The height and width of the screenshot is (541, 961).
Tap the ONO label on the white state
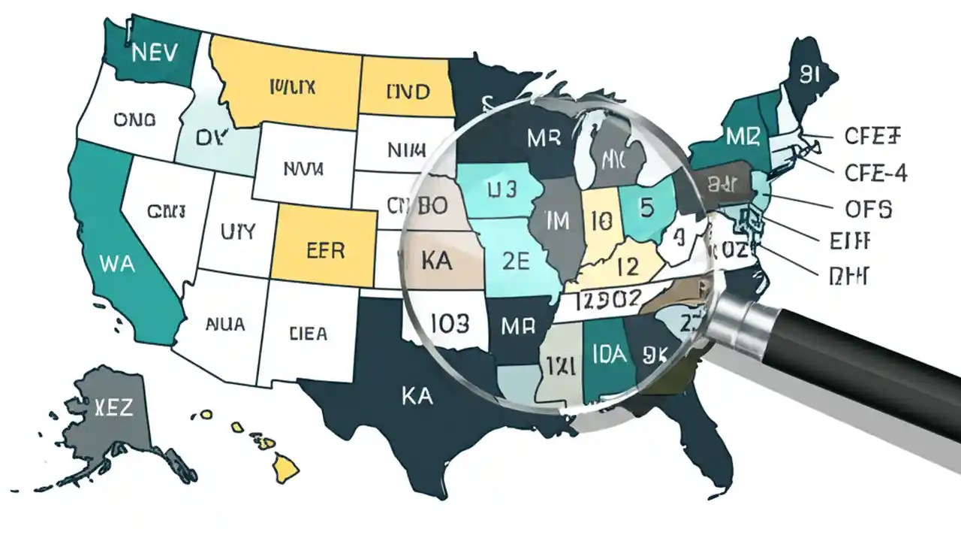134,119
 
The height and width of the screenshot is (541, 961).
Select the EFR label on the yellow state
326,249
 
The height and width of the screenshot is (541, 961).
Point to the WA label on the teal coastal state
117,264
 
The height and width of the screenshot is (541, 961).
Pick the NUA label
224,325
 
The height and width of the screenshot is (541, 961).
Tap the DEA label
308,332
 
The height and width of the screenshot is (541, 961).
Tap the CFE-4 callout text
875,174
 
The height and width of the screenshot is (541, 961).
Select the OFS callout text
868,209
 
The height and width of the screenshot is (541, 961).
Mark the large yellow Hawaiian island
286,469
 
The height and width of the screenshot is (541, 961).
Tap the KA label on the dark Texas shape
417,396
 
